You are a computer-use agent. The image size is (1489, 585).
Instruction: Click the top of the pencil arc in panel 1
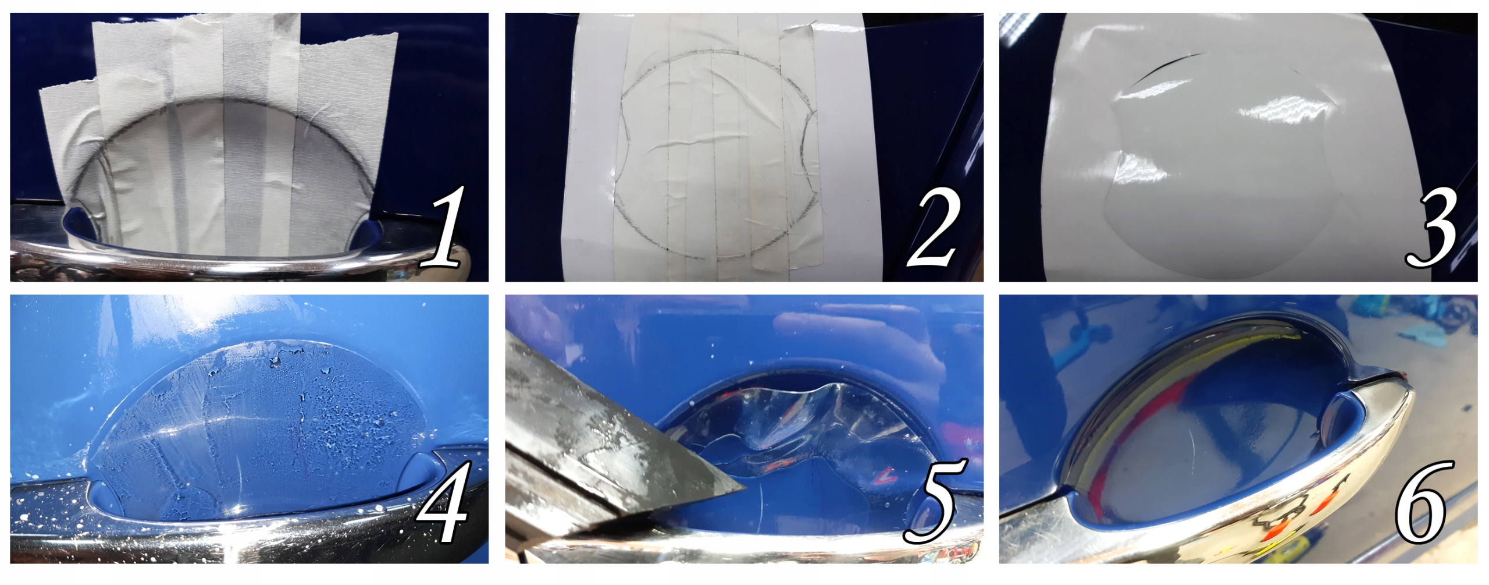(x=227, y=100)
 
